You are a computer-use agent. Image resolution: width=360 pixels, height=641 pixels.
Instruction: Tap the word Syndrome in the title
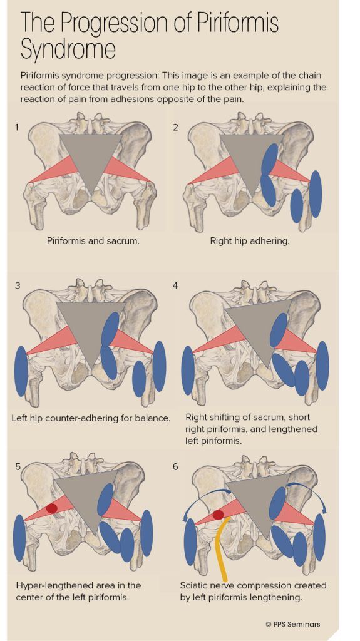point(68,49)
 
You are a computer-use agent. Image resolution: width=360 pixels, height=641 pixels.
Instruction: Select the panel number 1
point(17,127)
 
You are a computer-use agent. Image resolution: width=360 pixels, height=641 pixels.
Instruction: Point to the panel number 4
point(175,285)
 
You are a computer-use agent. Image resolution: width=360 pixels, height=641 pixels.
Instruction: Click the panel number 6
point(175,466)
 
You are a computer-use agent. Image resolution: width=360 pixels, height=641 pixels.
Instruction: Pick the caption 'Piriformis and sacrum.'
point(93,240)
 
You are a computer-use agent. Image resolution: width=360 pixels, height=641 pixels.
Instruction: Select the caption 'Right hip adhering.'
point(250,240)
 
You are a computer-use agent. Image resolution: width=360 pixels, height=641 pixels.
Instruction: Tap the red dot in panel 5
point(51,508)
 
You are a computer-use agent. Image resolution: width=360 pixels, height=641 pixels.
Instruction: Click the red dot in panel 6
point(219,515)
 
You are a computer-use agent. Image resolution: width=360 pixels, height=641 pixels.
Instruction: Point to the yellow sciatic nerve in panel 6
point(221,548)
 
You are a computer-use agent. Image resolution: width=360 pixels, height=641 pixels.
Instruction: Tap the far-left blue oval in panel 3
point(21,371)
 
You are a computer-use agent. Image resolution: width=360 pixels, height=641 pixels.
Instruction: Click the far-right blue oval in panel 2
point(316,194)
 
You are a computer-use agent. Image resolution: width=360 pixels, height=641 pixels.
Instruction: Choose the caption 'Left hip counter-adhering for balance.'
point(91,418)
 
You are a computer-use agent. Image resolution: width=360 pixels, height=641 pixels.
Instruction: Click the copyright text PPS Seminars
point(292,624)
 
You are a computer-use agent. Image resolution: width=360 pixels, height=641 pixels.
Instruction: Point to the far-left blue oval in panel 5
point(19,538)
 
